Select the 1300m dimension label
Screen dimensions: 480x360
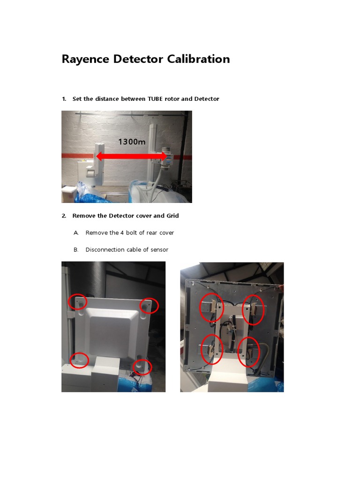[132, 142]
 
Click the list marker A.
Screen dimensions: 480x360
[75, 233]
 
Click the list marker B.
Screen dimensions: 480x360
[75, 250]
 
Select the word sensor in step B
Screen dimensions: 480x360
[159, 250]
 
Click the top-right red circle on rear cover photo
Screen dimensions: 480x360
[149, 306]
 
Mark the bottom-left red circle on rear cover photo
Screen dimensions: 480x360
[79, 360]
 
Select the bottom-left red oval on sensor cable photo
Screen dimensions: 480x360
[211, 350]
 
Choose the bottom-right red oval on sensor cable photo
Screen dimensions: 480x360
[248, 352]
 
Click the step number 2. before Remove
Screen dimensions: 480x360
[64, 216]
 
